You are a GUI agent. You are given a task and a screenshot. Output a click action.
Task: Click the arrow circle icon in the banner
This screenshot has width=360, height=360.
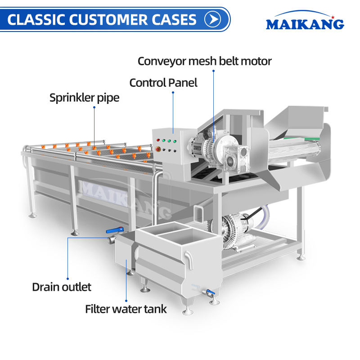tap(212, 19)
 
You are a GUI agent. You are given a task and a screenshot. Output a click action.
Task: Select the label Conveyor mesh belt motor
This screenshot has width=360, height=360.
tap(205, 61)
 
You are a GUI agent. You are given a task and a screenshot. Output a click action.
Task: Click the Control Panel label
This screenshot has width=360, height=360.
tap(163, 83)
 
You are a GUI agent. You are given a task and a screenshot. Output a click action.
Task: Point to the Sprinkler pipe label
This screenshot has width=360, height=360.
tap(84, 98)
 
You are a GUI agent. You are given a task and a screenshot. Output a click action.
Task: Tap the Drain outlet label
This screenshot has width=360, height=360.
tap(62, 287)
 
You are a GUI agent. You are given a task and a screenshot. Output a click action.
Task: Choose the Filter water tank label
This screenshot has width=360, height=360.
tap(126, 309)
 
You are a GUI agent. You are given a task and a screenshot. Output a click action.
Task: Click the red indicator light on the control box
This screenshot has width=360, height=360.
tap(158, 140)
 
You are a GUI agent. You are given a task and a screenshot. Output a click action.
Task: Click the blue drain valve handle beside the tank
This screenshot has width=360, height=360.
tap(115, 230)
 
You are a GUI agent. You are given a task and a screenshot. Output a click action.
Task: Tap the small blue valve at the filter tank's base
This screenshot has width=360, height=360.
tap(211, 292)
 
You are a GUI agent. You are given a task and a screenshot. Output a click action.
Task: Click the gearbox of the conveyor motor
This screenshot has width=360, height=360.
tap(235, 158)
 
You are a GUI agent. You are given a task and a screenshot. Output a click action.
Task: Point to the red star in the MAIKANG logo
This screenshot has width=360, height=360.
tap(333, 17)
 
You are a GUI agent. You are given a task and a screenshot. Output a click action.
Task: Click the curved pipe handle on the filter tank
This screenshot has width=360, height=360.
tap(189, 260)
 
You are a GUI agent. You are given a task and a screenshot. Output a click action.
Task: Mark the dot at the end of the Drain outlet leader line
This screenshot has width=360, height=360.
tap(68, 279)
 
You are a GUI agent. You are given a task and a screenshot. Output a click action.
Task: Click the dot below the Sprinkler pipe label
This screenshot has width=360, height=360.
tap(94, 107)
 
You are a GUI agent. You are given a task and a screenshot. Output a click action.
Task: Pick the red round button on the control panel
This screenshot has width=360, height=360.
tap(158, 149)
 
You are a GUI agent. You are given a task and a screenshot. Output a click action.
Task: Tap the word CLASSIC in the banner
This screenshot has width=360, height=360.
tap(36, 19)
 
